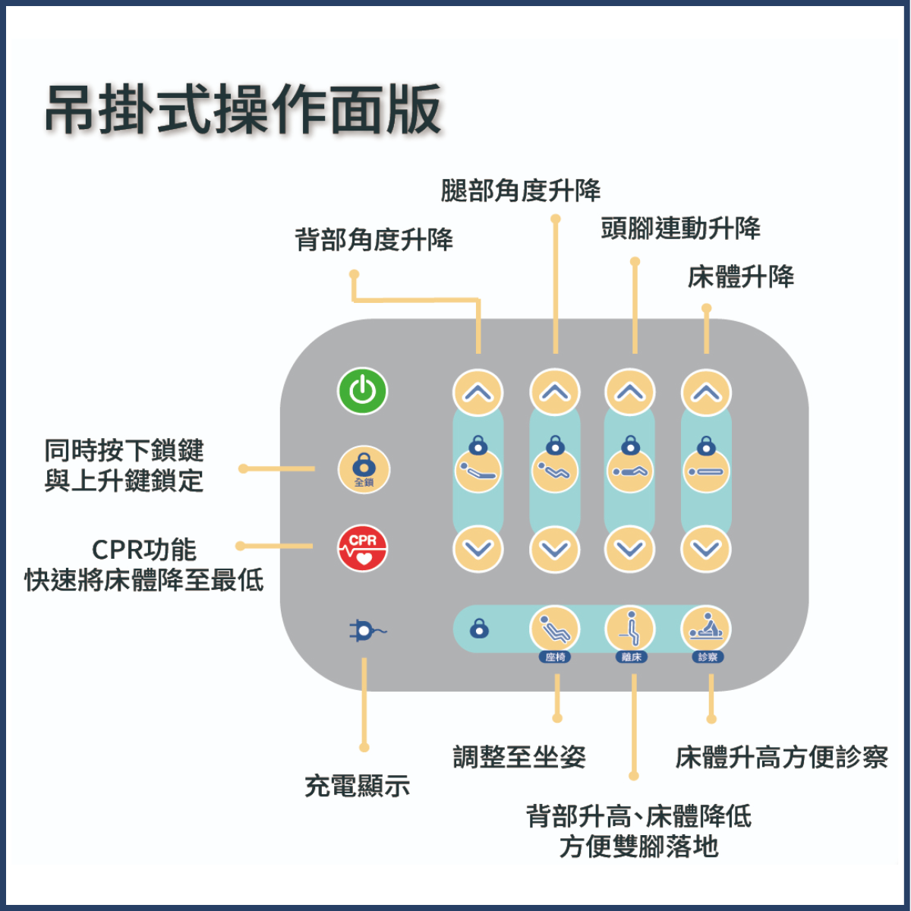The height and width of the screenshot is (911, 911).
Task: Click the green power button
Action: coord(363,391)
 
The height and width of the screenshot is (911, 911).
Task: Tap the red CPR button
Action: coord(363,548)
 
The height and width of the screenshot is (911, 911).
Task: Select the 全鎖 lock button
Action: coord(364,469)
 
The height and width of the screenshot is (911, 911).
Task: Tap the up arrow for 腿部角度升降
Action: coord(555,392)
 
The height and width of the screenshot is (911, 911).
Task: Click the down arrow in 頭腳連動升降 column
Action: coord(629,548)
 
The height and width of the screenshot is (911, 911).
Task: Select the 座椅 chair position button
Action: coord(554,629)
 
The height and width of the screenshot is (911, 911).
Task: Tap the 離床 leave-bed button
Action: coord(630,629)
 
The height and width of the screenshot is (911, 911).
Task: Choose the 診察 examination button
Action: coord(706,629)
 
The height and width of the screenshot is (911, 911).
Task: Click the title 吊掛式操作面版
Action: coord(244,110)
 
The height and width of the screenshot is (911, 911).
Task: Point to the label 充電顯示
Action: coord(357,786)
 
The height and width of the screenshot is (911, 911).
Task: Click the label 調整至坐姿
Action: coord(519,756)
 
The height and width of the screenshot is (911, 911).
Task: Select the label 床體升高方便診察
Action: coord(781,756)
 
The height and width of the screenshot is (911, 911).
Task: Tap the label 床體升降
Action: coord(741,276)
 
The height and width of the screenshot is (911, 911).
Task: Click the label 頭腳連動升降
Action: coord(680,228)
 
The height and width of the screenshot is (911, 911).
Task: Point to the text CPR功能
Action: coord(144,549)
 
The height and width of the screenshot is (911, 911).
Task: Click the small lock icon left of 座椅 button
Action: coord(479,629)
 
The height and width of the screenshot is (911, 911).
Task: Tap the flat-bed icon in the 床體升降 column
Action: coord(706,471)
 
